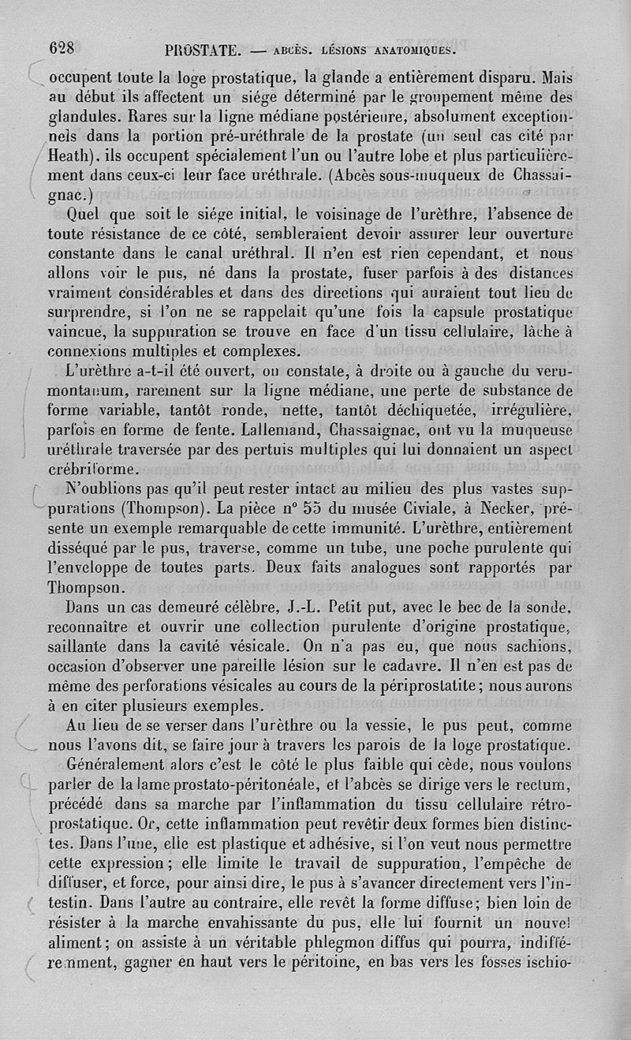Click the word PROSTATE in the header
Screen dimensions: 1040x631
[203, 51]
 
